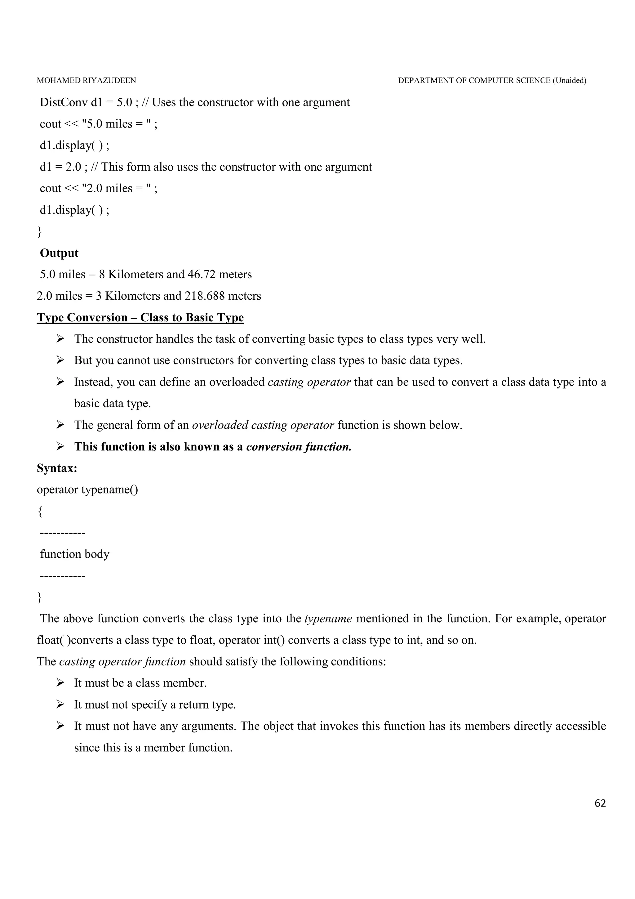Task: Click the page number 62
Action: [x=600, y=803]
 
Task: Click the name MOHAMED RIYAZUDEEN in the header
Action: [x=87, y=81]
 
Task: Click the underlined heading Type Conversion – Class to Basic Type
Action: [x=140, y=318]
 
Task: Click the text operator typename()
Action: [x=87, y=490]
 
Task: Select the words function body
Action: [x=75, y=554]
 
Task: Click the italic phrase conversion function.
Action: [x=299, y=447]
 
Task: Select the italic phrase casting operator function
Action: [x=122, y=662]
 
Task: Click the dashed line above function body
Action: [x=63, y=533]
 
